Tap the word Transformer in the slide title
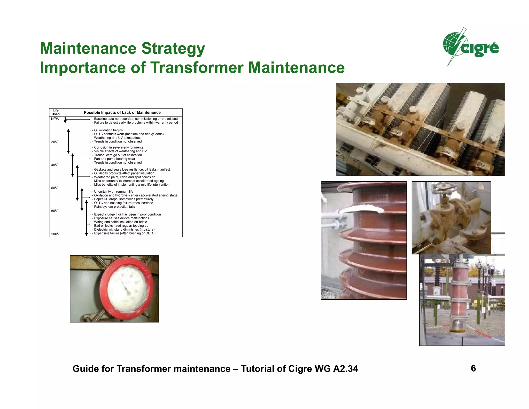tap(197, 68)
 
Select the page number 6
tap(473, 368)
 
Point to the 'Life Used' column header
tap(56, 112)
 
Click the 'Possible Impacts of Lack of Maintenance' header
tap(122, 112)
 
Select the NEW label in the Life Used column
tap(55, 119)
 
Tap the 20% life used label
tap(55, 142)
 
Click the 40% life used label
tap(55, 165)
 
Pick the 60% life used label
tap(55, 188)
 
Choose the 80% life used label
tap(55, 211)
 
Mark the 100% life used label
tap(56, 234)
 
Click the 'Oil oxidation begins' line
tap(108, 130)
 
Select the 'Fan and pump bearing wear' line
tap(114, 159)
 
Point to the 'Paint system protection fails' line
tap(114, 207)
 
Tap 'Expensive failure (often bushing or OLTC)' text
tap(125, 233)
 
